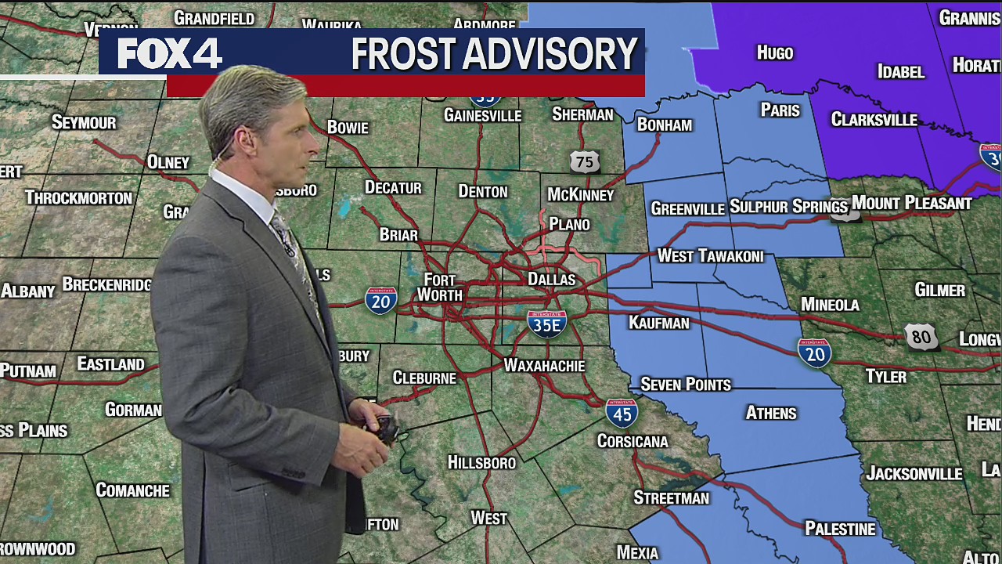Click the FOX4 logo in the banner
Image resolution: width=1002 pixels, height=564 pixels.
click(x=170, y=54)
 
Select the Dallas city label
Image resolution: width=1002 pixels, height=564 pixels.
click(x=551, y=280)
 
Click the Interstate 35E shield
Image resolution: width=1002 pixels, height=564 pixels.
click(x=546, y=323)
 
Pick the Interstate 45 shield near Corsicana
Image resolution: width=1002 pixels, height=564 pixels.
click(x=622, y=413)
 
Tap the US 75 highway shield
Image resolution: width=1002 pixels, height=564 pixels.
click(x=584, y=161)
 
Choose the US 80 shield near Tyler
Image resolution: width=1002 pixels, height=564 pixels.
click(x=921, y=338)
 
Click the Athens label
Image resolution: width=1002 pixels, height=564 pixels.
click(x=771, y=413)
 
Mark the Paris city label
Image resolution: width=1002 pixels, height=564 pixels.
click(x=780, y=110)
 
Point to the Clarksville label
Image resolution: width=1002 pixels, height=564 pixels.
click(x=874, y=120)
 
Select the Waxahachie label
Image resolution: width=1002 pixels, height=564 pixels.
click(x=544, y=366)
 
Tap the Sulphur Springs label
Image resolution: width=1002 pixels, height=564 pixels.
click(x=788, y=207)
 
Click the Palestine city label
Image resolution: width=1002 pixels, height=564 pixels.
click(x=840, y=529)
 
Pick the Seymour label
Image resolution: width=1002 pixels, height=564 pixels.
click(x=84, y=122)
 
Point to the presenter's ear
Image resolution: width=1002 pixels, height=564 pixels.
click(x=245, y=142)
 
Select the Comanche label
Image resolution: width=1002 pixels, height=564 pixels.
click(x=132, y=490)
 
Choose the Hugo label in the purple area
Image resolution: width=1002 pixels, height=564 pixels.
click(x=775, y=53)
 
